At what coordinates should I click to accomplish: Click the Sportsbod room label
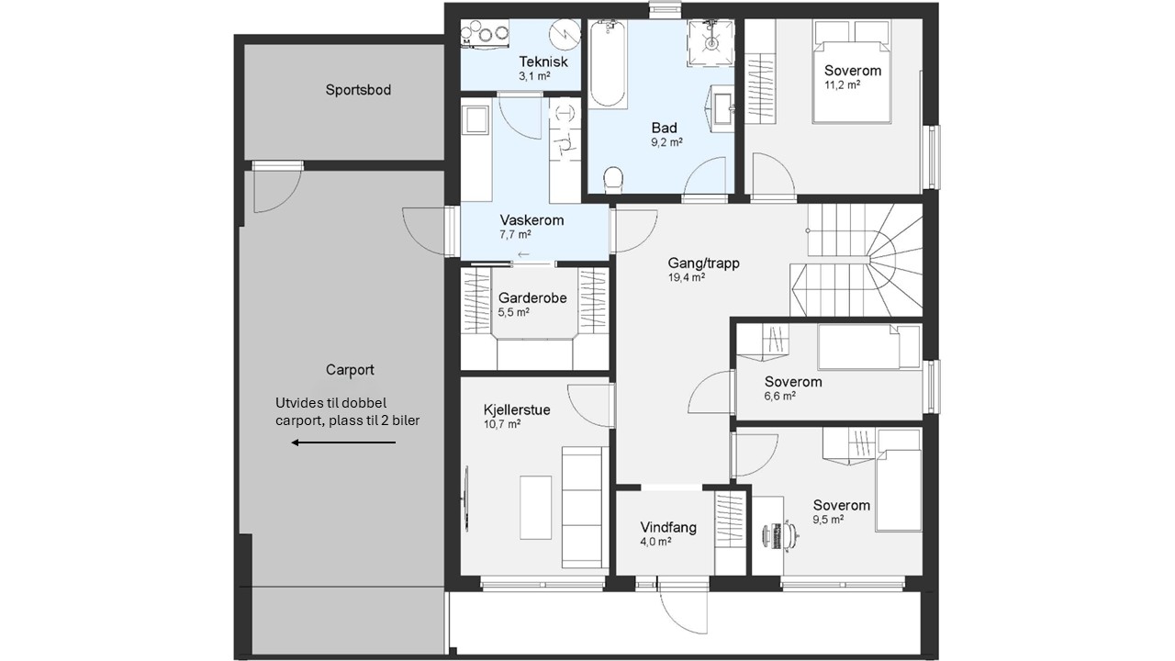pos(358,90)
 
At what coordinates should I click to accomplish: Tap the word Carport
pos(350,370)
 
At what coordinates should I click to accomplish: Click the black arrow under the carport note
pos(343,443)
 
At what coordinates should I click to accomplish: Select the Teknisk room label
pos(543,62)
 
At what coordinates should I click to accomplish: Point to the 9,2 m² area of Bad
pos(666,142)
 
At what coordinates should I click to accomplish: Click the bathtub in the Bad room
pos(608,64)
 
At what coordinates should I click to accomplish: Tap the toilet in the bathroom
pos(612,178)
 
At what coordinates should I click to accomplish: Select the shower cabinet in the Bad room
pos(711,43)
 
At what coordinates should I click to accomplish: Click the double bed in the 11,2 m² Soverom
pos(851,72)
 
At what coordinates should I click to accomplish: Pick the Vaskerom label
pos(532,219)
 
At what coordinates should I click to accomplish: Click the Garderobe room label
pos(532,298)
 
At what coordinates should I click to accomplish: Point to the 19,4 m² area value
pos(686,277)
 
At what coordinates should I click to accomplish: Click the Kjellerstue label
pos(517,409)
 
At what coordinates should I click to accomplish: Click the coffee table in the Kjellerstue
pos(535,508)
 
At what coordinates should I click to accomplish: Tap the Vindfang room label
pos(668,527)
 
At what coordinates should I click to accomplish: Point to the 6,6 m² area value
pos(780,396)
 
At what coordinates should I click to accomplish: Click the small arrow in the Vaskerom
pos(523,255)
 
